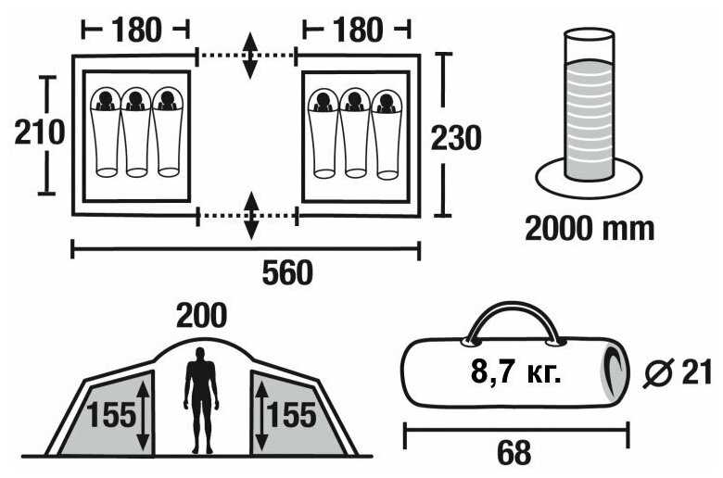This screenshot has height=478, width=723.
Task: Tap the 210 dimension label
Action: [x=40, y=133]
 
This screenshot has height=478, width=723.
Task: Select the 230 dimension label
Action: [x=456, y=138]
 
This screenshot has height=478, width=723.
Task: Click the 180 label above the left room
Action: [x=136, y=30]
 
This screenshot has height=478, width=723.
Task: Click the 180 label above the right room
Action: [x=356, y=30]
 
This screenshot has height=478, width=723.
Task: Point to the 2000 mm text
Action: [x=590, y=227]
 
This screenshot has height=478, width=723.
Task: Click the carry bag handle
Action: [x=514, y=321]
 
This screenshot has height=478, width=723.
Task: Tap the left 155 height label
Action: [x=111, y=414]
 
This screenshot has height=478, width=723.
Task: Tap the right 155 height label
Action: [x=290, y=414]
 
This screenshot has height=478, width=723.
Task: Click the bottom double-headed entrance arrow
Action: [x=250, y=216]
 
